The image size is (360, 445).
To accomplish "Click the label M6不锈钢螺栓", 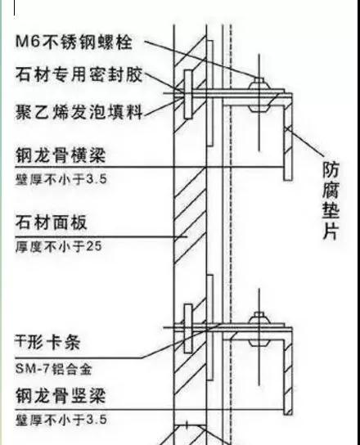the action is point(74,43).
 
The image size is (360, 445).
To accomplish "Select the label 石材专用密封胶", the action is point(79,75).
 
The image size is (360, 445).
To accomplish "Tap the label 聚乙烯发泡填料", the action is point(79,111).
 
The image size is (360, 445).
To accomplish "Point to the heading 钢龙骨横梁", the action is point(61,155).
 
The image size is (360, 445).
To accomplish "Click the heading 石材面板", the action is point(51,222).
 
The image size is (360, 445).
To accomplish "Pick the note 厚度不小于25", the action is point(58,246).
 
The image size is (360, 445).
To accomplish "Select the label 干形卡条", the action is point(47,342).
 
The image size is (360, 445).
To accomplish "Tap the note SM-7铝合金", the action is point(54,369).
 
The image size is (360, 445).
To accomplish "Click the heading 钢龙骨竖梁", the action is point(61,396).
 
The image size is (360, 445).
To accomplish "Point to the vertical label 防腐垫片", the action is point(331,200).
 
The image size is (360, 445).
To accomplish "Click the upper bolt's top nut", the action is point(259,83).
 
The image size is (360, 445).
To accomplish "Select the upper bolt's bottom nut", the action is point(259,108).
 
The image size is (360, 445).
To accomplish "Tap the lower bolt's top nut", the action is point(259,318).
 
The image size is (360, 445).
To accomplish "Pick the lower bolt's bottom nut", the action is point(259,343).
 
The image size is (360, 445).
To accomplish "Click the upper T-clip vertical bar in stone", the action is point(188,94).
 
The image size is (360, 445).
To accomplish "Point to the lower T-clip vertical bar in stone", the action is point(188,328).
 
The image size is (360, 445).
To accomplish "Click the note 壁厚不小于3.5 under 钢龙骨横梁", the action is point(61,179).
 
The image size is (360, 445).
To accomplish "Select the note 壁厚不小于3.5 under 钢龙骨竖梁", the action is point(61,420).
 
